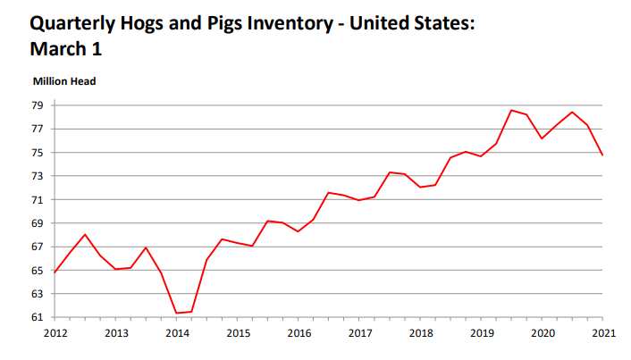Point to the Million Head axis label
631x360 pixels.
coord(64,81)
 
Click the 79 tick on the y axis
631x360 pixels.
coord(38,105)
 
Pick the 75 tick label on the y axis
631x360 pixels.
coord(38,153)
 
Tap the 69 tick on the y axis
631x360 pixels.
coord(38,223)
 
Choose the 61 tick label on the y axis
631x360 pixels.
coord(38,317)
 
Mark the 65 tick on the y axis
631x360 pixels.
coord(38,271)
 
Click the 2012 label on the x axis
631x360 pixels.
coord(55,333)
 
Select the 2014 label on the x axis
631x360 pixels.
coord(177,333)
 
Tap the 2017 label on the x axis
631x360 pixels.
coord(360,333)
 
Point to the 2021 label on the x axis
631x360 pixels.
coord(603,333)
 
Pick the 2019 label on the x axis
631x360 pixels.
coord(482,333)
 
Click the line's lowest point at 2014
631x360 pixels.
coord(177,313)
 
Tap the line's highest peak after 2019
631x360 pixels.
coord(511,110)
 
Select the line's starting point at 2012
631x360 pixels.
coord(55,272)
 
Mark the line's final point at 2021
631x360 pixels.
coord(603,155)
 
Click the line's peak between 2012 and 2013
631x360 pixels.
coord(85,234)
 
